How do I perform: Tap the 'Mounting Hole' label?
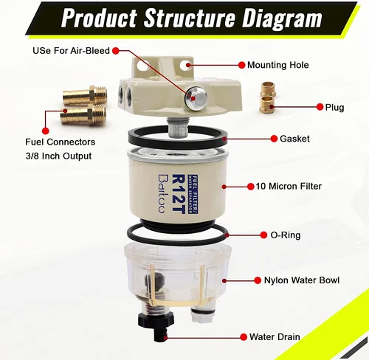point(277,65)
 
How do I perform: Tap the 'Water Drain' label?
point(274,336)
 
